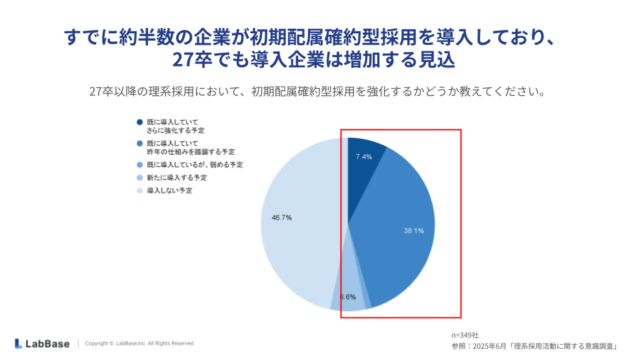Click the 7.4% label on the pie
pos(363,157)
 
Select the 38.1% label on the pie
pos(413,231)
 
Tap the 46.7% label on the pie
pos(281,217)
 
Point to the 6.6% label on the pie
pos(347,297)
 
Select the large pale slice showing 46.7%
pos(300,247)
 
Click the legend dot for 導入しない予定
pos(140,191)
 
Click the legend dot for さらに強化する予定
pos(140,122)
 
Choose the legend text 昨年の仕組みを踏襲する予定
pos(191,152)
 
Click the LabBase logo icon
pos(19,343)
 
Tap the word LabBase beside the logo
pos(47,343)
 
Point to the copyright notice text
pos(140,343)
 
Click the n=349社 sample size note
pos(465,335)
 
